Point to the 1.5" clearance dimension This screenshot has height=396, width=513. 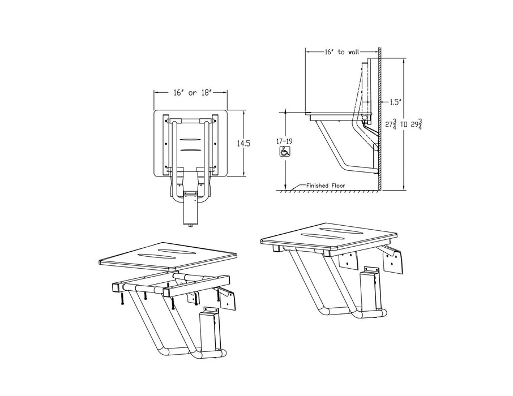[395, 102]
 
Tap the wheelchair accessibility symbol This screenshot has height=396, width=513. [285, 151]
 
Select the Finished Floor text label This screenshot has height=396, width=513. [326, 185]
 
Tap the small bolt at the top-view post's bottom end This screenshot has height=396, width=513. [190, 225]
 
